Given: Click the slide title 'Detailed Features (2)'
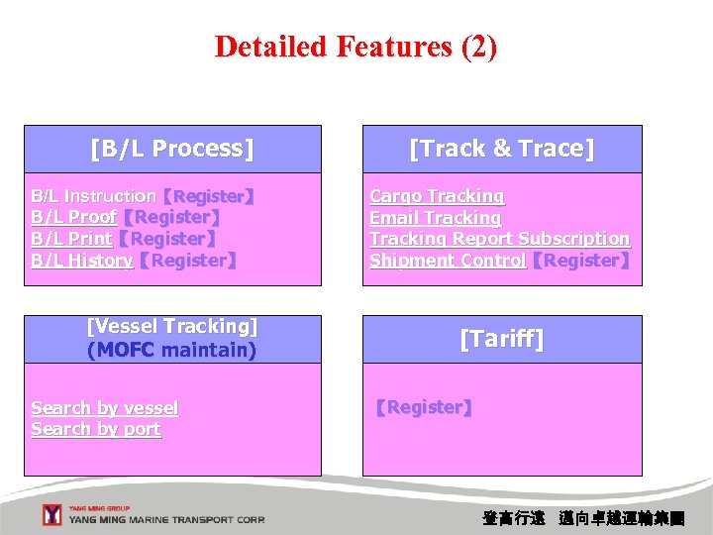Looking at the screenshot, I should (x=356, y=47).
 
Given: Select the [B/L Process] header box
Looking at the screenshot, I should (x=172, y=149).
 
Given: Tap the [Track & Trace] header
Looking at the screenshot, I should (x=501, y=149).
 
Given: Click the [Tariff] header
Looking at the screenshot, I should (x=501, y=340).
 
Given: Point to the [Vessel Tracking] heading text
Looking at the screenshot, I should (x=172, y=327).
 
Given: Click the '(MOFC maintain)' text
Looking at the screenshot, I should (x=172, y=350).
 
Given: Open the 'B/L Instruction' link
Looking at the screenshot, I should (x=93, y=197).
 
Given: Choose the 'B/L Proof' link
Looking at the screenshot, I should (x=73, y=218).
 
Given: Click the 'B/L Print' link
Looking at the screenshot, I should (x=71, y=239).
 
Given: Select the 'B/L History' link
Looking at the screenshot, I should (x=81, y=261).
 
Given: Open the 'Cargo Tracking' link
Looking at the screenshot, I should (x=437, y=197).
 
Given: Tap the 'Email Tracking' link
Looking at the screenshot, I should (x=435, y=218).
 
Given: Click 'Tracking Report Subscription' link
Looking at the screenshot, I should (x=499, y=239).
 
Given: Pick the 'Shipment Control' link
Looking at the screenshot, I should (x=447, y=261).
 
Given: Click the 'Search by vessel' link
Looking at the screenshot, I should (x=105, y=408).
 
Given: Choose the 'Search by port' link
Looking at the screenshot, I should (x=96, y=430).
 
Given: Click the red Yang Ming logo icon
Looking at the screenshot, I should (x=52, y=515).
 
